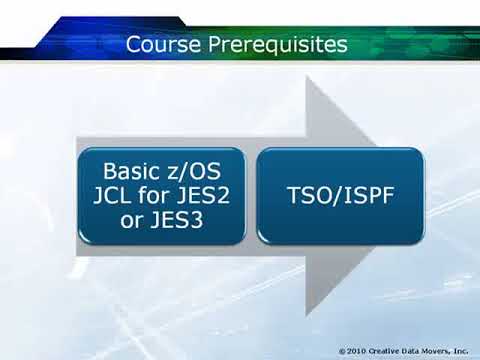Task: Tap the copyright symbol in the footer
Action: point(343,351)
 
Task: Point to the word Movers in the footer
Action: point(444,351)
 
